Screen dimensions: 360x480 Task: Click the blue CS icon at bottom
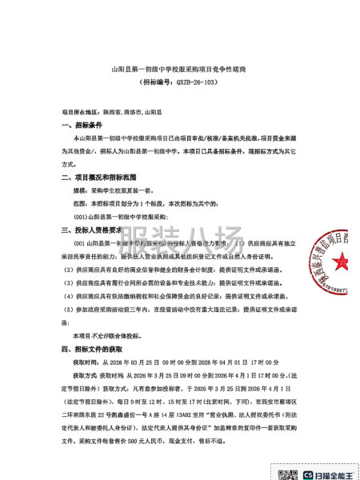(307, 473)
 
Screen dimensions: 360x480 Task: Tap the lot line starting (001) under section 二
(119, 217)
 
